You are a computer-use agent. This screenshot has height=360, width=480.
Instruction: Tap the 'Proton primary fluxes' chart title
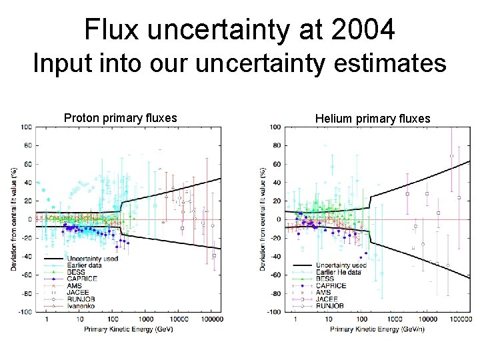click(120, 118)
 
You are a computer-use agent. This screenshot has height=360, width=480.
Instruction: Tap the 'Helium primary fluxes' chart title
click(373, 119)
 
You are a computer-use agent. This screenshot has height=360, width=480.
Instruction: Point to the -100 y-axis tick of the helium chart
click(275, 312)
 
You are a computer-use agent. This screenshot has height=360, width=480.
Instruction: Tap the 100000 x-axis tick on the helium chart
click(459, 319)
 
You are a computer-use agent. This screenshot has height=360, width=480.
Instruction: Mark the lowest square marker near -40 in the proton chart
click(214, 255)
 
